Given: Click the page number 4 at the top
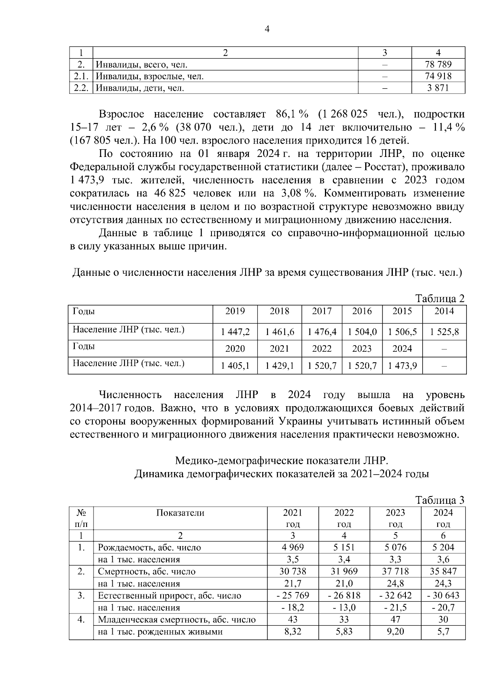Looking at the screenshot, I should pos(267,29).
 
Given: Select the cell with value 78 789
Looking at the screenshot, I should pos(438,64).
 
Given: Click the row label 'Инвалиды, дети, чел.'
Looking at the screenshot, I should pos(140,88).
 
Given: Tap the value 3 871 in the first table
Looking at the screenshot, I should pos(438,88).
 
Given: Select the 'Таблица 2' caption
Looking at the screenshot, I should pos(440,299).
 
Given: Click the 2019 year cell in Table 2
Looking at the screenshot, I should pos(235,311).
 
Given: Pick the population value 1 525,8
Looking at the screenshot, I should pos(444,332).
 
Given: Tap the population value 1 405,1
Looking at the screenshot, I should pos(235,366).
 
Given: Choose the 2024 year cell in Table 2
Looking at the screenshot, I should pos(402,348).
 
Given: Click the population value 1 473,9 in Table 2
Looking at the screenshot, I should pos(402,366).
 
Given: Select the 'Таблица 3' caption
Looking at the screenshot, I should pos(440,500).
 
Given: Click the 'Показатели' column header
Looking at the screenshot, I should pos(180,513).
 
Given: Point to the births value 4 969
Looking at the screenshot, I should pos(293,547).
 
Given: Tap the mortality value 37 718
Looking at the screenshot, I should pos(395,571).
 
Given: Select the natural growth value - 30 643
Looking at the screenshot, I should pos(443,595).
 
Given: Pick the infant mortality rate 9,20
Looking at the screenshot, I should pos(395,631).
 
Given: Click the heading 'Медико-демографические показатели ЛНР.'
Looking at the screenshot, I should pos(281,461).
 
